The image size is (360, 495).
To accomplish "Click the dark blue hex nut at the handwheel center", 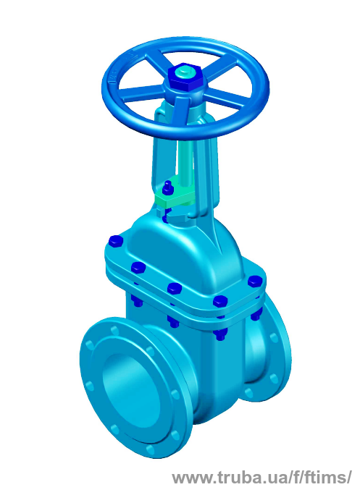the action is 185,77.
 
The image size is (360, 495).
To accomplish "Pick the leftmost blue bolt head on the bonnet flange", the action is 115,242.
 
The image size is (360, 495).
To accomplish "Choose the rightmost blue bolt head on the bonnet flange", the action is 256,282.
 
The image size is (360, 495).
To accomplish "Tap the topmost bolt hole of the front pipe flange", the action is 114,330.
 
